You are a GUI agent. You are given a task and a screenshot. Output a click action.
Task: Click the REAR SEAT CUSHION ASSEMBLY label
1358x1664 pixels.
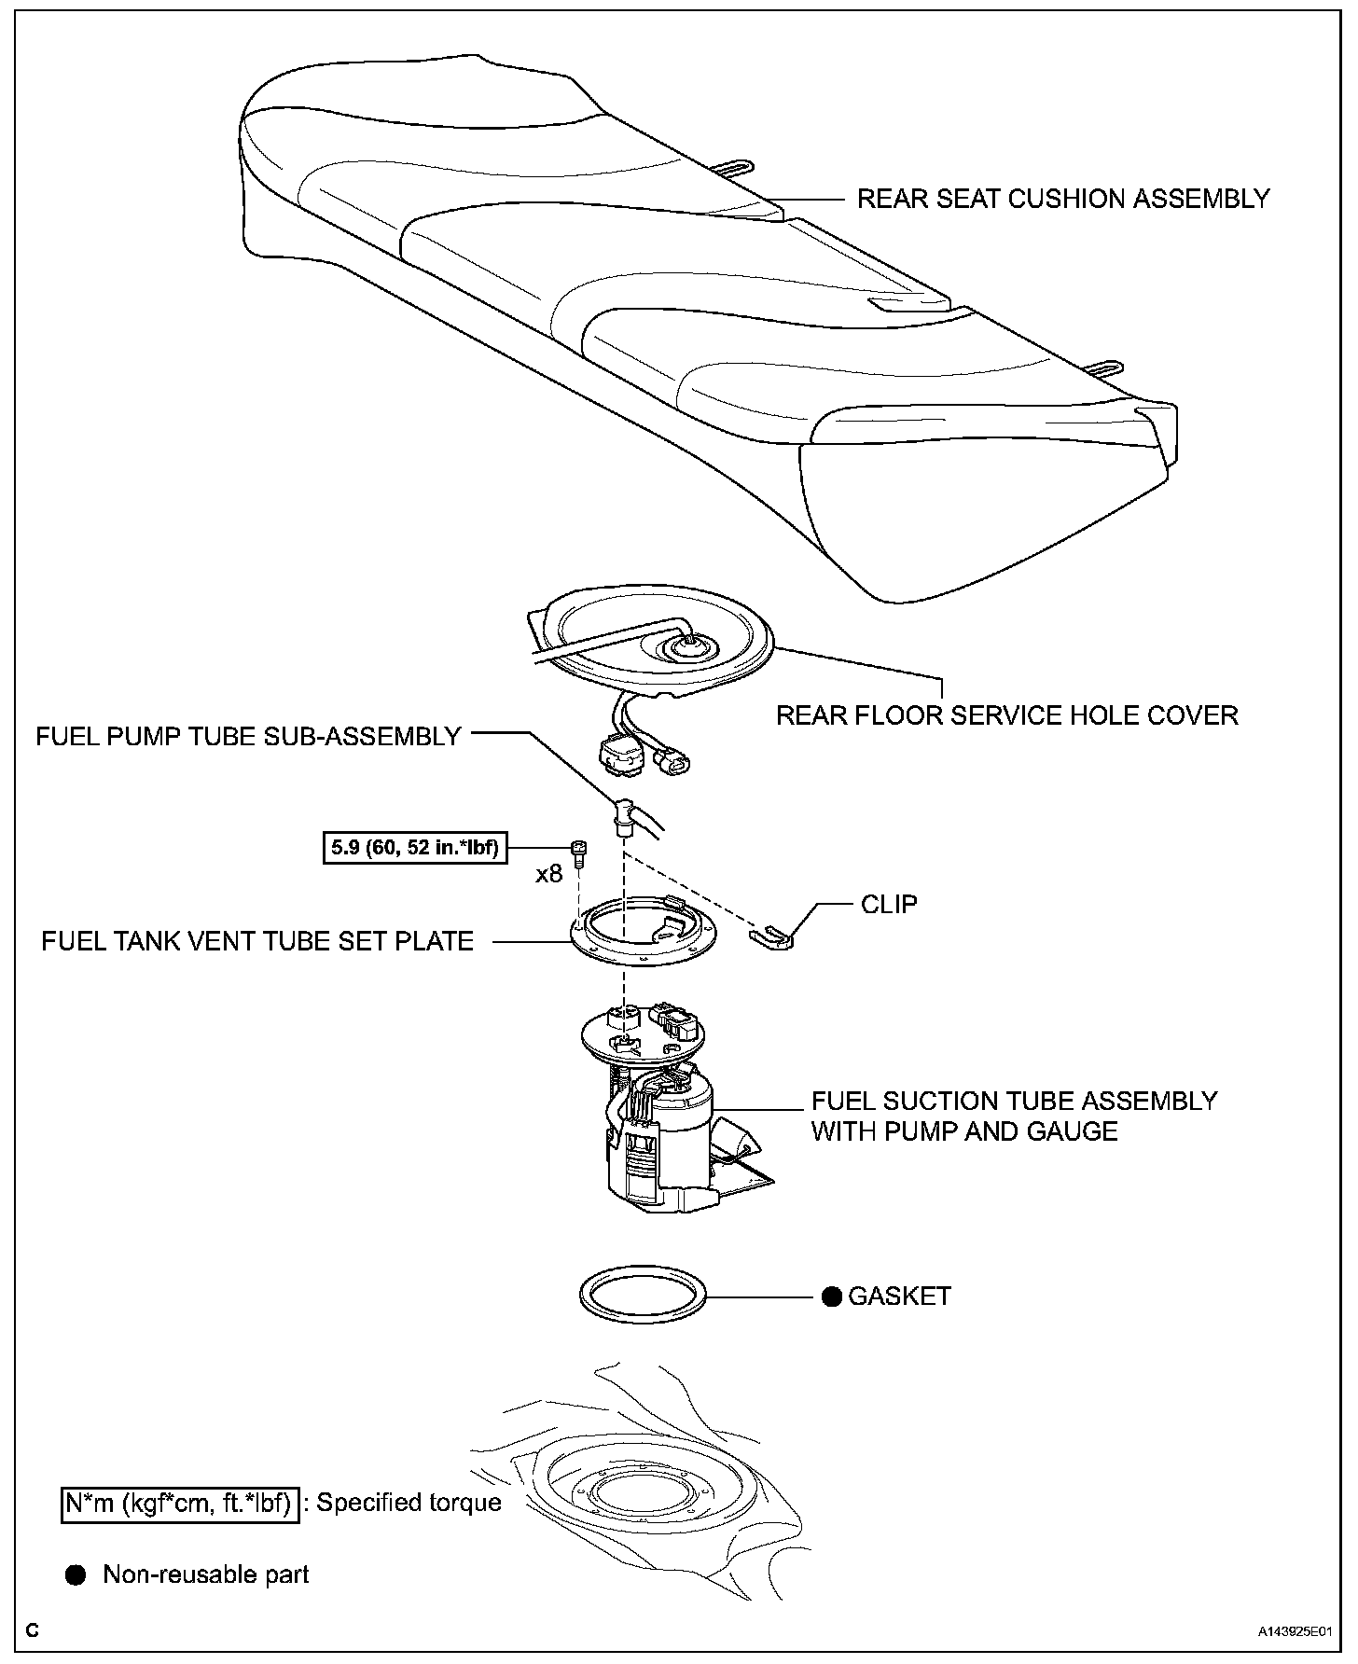tap(1063, 199)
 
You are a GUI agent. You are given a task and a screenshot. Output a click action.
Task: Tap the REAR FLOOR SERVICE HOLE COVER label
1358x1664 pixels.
tap(1007, 715)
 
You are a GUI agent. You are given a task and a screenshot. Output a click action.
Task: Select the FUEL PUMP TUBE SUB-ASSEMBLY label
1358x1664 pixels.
tap(248, 736)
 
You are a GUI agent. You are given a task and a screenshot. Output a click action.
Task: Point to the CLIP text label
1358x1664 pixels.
tap(889, 904)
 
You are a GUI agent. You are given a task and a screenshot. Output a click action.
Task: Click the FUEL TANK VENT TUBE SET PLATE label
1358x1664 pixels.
tap(257, 941)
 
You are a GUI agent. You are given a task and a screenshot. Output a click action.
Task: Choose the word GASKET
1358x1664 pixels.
tap(899, 1297)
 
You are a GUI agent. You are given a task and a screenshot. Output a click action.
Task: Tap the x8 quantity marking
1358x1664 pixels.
tap(549, 874)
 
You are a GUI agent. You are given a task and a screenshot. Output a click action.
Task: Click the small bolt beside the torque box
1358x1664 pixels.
tap(577, 850)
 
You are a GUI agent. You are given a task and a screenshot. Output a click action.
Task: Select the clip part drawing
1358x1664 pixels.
tap(772, 937)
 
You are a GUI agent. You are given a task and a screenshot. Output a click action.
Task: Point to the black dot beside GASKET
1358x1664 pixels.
tap(831, 1297)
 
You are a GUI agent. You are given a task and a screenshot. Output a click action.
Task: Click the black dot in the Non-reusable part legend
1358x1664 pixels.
tap(76, 1575)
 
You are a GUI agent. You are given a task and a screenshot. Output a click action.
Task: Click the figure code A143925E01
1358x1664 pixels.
tap(1293, 1632)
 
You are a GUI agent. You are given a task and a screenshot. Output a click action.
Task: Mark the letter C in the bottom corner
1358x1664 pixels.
tap(32, 1631)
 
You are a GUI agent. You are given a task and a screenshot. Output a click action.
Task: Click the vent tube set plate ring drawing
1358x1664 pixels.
tap(644, 942)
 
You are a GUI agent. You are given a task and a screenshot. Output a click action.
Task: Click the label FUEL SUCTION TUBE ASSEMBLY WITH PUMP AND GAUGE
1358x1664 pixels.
tap(1014, 1116)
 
